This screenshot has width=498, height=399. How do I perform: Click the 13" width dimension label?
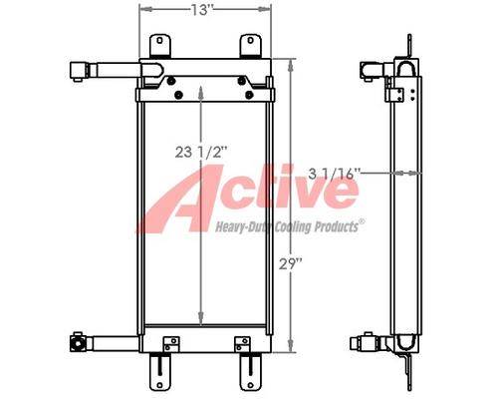[201, 9]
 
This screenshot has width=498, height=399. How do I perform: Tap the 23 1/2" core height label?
[201, 153]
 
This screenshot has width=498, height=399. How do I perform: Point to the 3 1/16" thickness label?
[334, 174]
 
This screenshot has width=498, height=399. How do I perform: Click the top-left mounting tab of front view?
[160, 46]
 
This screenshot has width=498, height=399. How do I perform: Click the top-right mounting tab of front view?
[250, 46]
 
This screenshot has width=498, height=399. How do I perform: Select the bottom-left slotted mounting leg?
[160, 371]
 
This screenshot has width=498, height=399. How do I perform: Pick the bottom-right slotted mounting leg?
[250, 371]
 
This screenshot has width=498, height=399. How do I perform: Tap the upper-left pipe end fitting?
[79, 71]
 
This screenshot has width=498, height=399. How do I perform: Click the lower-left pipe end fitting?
[78, 342]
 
